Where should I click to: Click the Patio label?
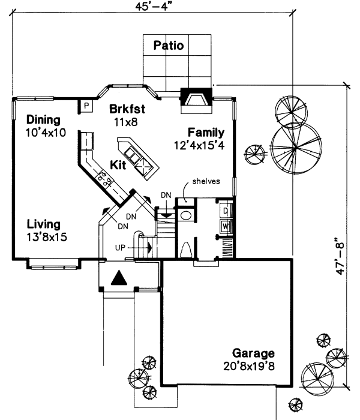point(168,45)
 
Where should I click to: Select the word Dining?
point(43,118)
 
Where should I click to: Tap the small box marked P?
point(86,106)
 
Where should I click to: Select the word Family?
point(205,133)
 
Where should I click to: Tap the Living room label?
point(43,224)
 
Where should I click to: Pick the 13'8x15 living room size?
point(46,237)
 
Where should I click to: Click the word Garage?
point(253,353)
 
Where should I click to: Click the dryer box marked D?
point(225,211)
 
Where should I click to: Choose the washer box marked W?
point(225,226)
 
